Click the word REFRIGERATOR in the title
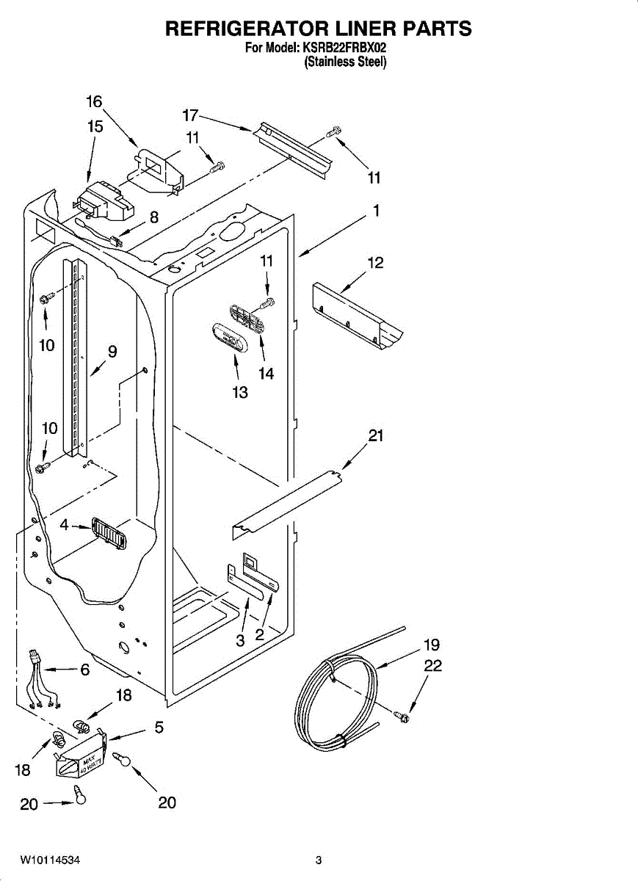246,29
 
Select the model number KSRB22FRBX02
344,48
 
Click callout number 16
95,102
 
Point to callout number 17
190,116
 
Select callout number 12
376,263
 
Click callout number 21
376,436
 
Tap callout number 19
432,645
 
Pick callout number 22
433,666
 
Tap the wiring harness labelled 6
43,681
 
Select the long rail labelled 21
286,505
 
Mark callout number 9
112,352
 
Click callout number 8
153,217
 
